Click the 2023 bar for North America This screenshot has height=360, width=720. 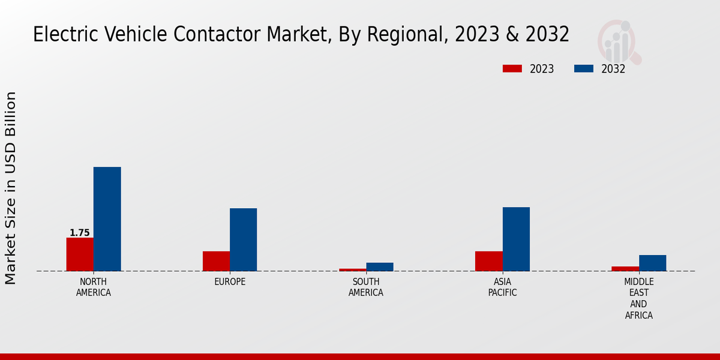tap(80, 254)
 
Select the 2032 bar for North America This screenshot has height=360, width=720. tap(107, 219)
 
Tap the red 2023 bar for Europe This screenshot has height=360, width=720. tap(216, 261)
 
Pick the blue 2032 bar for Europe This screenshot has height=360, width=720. tap(243, 239)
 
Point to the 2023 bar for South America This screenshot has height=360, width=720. tap(352, 269)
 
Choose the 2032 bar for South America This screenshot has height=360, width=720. tap(380, 267)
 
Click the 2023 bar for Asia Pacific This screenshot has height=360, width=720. tap(488, 261)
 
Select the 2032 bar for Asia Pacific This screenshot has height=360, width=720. tap(516, 239)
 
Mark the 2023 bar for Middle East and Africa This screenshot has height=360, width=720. tap(625, 268)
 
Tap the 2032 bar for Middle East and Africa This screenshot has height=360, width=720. tap(652, 263)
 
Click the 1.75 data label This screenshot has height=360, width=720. tap(80, 233)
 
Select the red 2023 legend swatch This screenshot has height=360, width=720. tap(512, 68)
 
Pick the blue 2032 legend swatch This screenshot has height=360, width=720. tap(583, 68)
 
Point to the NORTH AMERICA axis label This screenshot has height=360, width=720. tap(94, 287)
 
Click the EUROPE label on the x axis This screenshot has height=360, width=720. tap(230, 282)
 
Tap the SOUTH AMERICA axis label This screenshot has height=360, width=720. tap(366, 287)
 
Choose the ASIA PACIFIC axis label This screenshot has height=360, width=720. tap(502, 287)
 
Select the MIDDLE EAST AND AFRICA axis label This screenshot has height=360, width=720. tap(639, 298)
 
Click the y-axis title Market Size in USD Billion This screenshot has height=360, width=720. tap(11, 188)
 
